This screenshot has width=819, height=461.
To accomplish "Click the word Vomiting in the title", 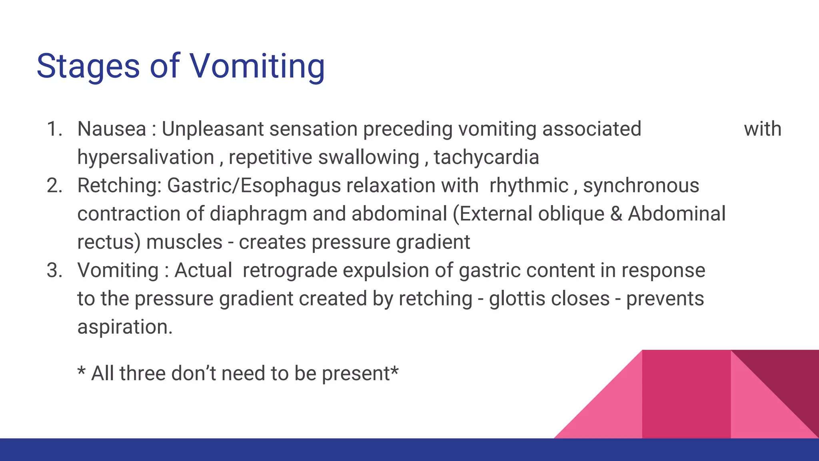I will (x=257, y=66).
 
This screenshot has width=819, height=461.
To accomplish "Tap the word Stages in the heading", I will (x=88, y=66).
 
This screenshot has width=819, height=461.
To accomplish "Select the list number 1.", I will (x=54, y=129).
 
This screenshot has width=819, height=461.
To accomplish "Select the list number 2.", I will (x=54, y=186).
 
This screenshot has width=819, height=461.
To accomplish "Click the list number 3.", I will (x=54, y=271).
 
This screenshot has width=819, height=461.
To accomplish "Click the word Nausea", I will (x=112, y=129).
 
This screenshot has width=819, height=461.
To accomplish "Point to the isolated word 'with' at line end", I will (x=762, y=129).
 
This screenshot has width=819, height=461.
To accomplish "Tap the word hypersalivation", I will (x=146, y=157).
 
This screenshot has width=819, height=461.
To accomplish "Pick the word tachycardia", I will (x=486, y=157).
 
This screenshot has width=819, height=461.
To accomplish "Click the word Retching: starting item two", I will (x=119, y=186).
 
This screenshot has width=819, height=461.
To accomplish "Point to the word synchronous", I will (x=641, y=186).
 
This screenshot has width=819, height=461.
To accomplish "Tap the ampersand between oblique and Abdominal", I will (x=616, y=214).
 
